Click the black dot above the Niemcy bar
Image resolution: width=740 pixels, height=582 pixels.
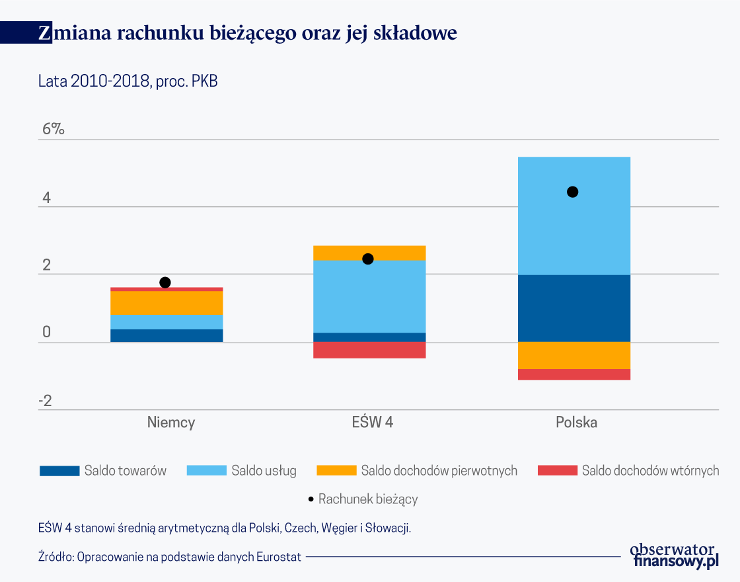tap(165, 282)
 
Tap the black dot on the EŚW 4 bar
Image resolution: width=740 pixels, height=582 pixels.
tap(368, 259)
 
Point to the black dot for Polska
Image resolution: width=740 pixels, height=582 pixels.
tap(573, 192)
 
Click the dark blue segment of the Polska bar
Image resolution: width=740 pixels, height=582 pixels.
tap(573, 308)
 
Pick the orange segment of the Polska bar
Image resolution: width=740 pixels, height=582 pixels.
tap(573, 356)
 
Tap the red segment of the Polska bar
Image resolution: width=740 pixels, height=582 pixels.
tap(573, 374)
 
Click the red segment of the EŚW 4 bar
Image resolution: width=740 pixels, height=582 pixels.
tap(369, 350)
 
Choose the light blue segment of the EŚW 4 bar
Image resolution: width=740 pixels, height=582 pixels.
tap(369, 296)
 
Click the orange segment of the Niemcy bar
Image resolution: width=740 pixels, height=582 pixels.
tap(166, 303)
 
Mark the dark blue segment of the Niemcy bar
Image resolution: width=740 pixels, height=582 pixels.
tap(166, 335)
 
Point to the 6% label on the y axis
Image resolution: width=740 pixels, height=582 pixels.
tap(54, 130)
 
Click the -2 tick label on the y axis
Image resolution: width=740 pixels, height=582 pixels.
tap(44, 401)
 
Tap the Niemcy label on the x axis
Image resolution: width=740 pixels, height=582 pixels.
tap(171, 423)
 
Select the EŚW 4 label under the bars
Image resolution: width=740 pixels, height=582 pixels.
tap(372, 423)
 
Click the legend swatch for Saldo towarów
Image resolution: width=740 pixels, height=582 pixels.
tap(59, 471)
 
